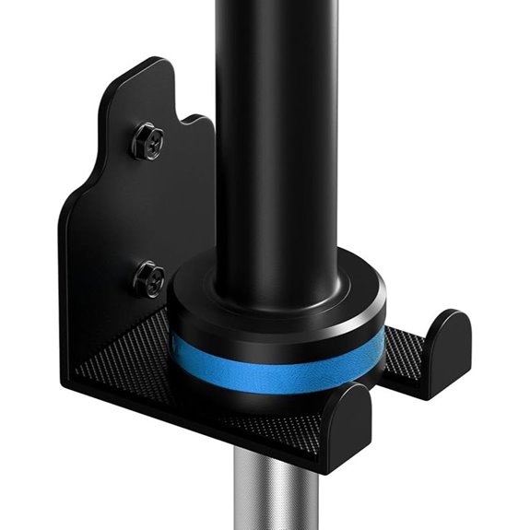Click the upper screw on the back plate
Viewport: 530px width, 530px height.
pos(147,140)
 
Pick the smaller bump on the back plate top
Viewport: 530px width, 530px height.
pos(197,120)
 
